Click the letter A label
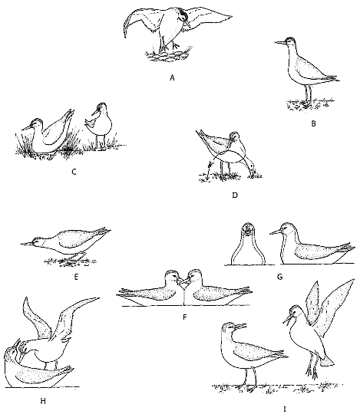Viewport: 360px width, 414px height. tap(173, 77)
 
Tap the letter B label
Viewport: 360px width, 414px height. tap(313, 123)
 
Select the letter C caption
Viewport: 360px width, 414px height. tap(74, 172)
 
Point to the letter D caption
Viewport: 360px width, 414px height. tap(235, 195)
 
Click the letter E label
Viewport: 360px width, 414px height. tap(76, 277)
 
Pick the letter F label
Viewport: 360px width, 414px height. tap(185, 317)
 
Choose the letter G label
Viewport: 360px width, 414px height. tap(280, 277)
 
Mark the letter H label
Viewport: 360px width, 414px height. tap(43, 401)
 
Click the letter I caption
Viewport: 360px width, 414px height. tap(285, 409)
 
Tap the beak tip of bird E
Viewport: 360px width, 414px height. tap(21, 244)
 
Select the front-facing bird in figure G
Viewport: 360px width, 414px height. tap(248, 244)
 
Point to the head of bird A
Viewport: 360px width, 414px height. tap(183, 15)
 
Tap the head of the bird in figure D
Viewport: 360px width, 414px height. tap(234, 136)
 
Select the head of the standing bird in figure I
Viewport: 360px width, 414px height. tap(230, 328)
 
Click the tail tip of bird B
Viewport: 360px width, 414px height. tap(338, 80)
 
